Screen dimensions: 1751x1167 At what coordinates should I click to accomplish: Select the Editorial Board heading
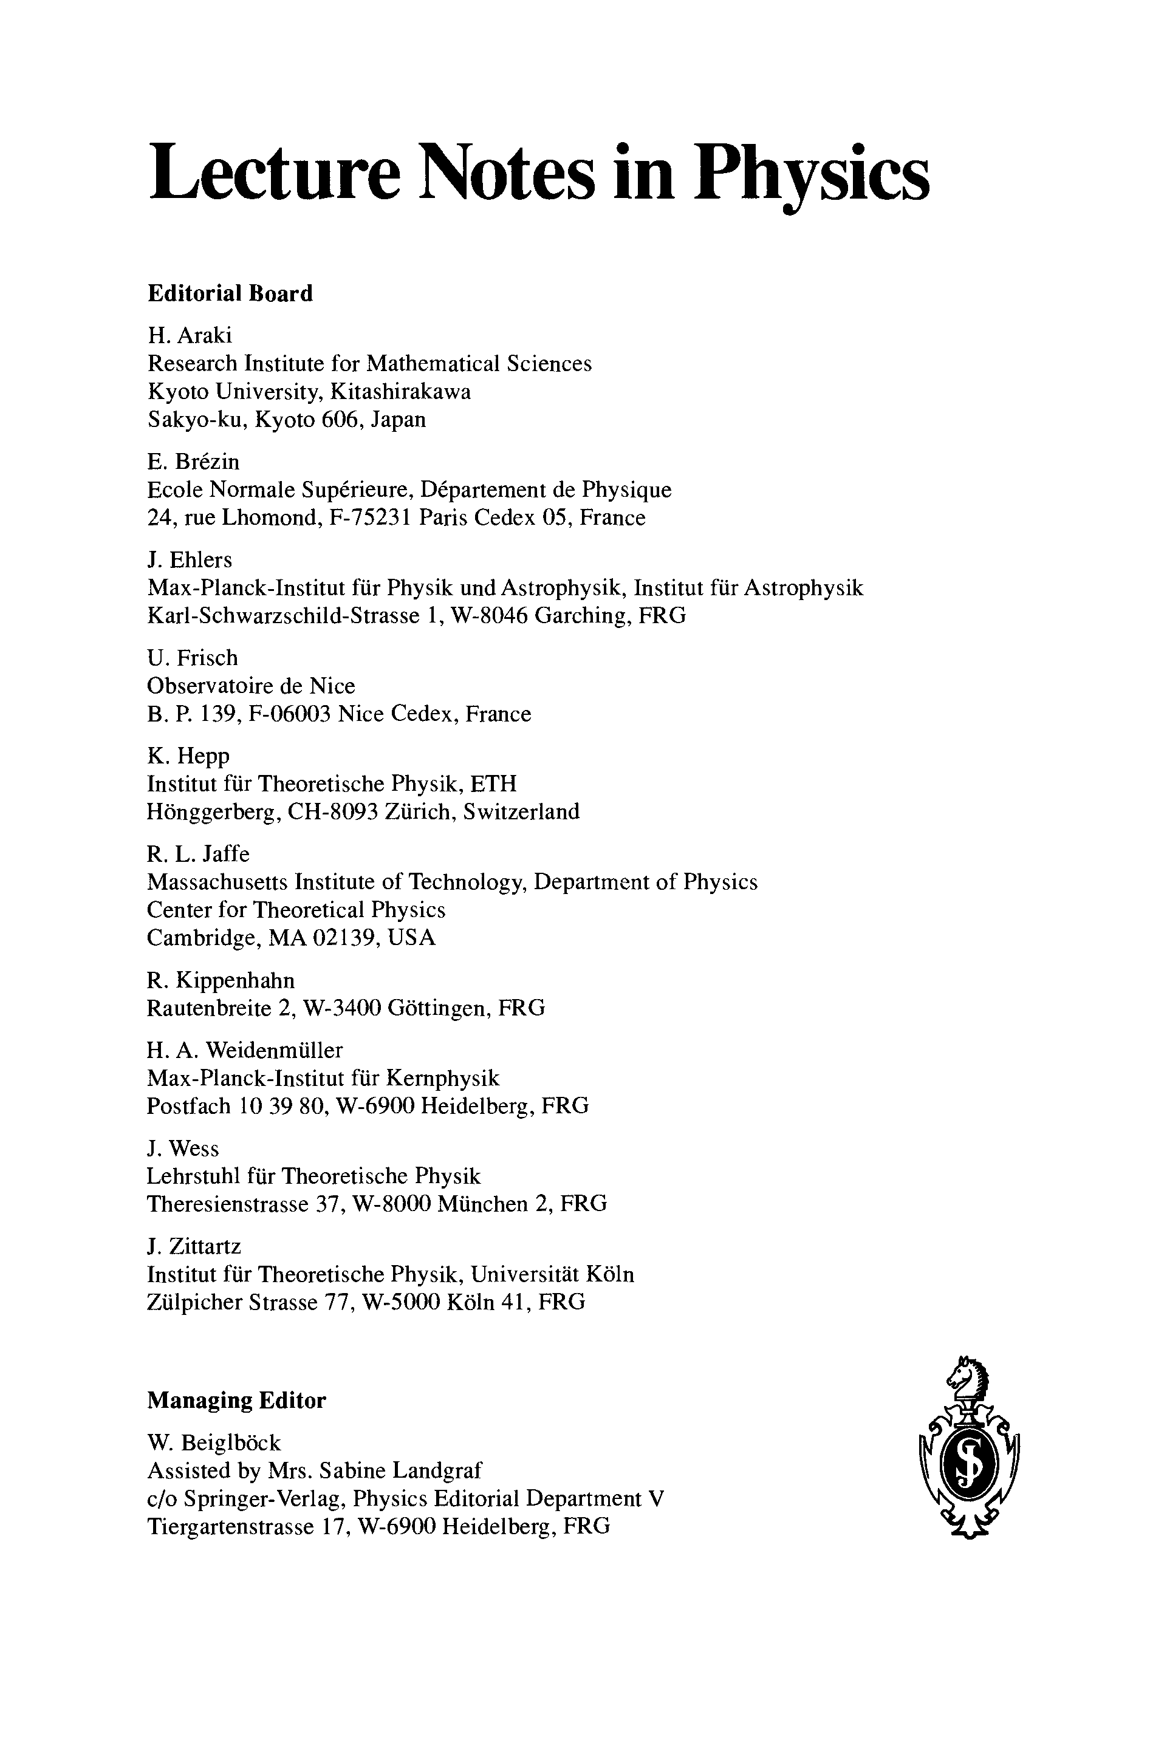coord(230,294)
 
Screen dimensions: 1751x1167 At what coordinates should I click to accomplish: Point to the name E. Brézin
coord(194,462)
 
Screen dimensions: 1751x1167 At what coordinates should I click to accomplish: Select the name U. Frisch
coord(193,658)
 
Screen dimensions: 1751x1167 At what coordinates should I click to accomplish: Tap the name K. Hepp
coord(188,756)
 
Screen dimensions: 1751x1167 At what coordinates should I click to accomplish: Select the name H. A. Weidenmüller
coord(245,1050)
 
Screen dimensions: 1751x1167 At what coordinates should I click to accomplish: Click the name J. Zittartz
coord(194,1246)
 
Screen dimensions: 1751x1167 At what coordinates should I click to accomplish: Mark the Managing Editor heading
coord(237,1401)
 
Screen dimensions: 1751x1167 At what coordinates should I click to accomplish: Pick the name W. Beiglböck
coord(214,1443)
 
